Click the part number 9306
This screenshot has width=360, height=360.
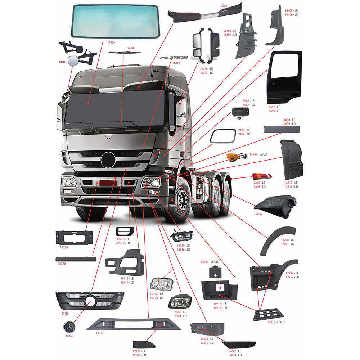pos(112,42)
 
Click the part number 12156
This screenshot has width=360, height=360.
pos(65,314)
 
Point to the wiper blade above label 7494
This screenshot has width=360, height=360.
pos(125,53)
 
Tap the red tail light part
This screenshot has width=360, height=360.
pos(262,176)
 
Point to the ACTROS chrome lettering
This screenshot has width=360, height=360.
pos(174,57)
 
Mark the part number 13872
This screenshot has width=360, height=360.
pos(99,333)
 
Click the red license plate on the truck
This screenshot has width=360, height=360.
pos(108,183)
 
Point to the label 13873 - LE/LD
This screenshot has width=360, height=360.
pos(276,321)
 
